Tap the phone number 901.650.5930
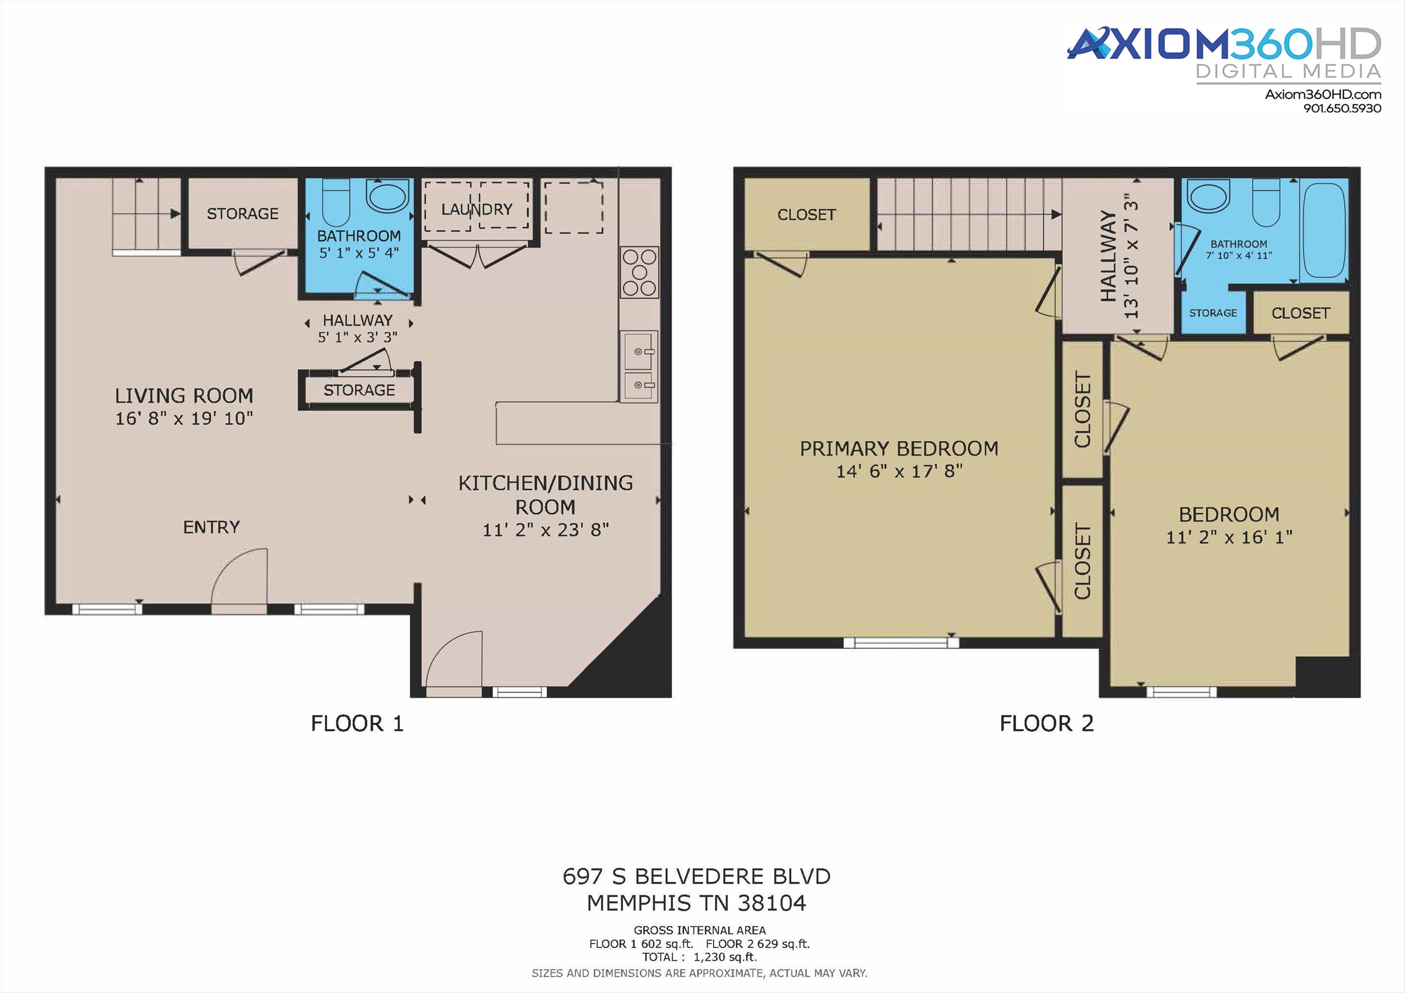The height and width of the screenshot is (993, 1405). (1342, 108)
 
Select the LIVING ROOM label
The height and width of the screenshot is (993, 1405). (184, 396)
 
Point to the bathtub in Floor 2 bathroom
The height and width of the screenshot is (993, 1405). (1324, 231)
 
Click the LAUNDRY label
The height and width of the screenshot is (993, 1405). (477, 209)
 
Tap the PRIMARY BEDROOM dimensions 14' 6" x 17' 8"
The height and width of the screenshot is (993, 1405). (899, 471)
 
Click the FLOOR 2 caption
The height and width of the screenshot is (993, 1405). (1046, 724)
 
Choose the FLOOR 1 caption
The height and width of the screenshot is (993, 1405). (357, 724)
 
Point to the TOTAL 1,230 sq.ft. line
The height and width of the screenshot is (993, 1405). (699, 957)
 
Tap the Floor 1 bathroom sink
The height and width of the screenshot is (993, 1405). (387, 195)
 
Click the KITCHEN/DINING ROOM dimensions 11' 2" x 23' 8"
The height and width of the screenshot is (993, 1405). (545, 530)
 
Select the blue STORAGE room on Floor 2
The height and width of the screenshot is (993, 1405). (1213, 312)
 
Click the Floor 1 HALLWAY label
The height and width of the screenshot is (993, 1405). (357, 320)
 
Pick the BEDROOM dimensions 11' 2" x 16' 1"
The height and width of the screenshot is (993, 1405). (1229, 537)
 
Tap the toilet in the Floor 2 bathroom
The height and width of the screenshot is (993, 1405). (1266, 202)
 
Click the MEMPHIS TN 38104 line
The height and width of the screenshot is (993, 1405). (697, 903)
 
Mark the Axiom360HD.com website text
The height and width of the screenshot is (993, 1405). (1323, 94)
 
